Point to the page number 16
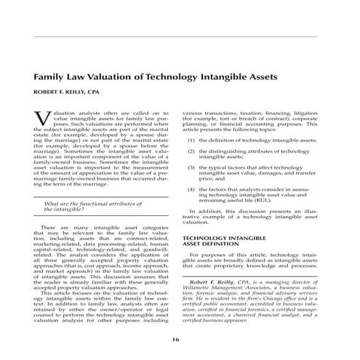(175, 340)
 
